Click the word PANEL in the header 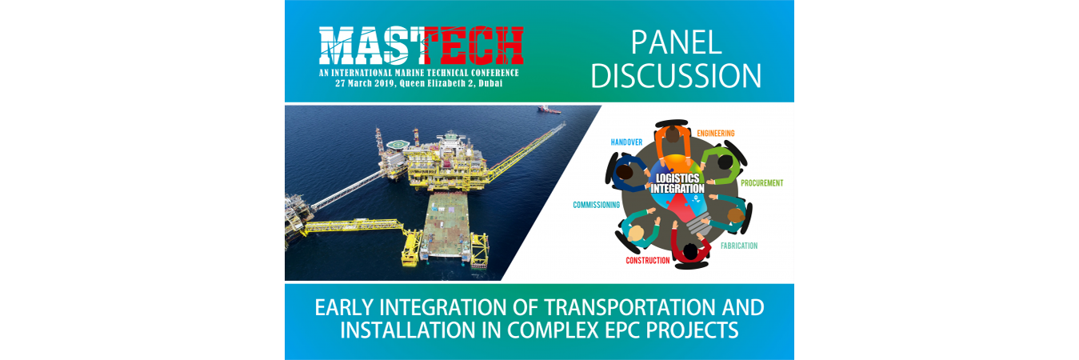click(676, 42)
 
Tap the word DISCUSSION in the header click(676, 76)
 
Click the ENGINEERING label click(715, 133)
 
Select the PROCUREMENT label click(761, 183)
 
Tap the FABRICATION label click(739, 246)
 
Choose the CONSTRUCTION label click(647, 261)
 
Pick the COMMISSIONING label click(596, 205)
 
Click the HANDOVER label click(626, 142)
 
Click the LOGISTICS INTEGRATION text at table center click(677, 183)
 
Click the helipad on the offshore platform click(398, 144)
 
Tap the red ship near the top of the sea click(549, 110)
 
